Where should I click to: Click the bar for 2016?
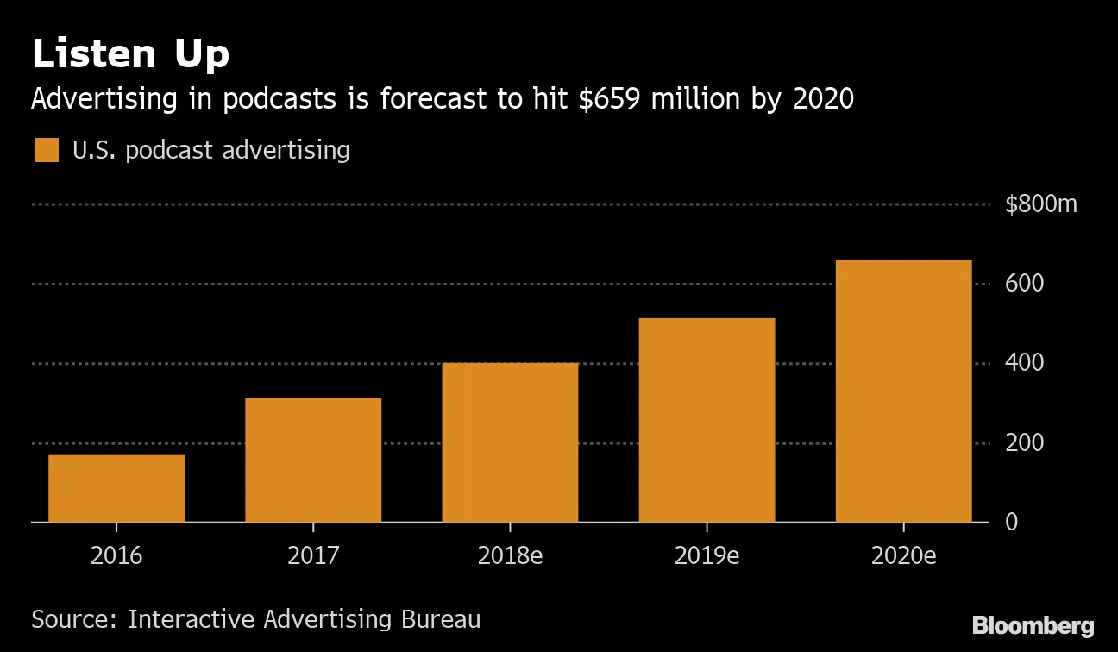[x=116, y=488]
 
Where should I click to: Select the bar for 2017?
[x=313, y=460]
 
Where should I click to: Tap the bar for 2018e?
[x=510, y=442]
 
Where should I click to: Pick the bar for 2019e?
[x=707, y=420]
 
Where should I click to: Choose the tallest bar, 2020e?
[x=903, y=391]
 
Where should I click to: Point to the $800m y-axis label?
[x=1041, y=205]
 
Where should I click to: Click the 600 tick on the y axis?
[x=1025, y=284]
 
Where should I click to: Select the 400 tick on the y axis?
[x=1025, y=363]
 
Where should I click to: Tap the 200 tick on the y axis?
[x=1025, y=442]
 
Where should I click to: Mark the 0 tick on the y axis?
[x=1012, y=522]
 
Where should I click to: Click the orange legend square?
[x=46, y=150]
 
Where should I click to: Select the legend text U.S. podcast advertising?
[x=211, y=150]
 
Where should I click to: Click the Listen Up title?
[x=130, y=54]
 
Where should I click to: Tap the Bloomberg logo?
[x=1033, y=625]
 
